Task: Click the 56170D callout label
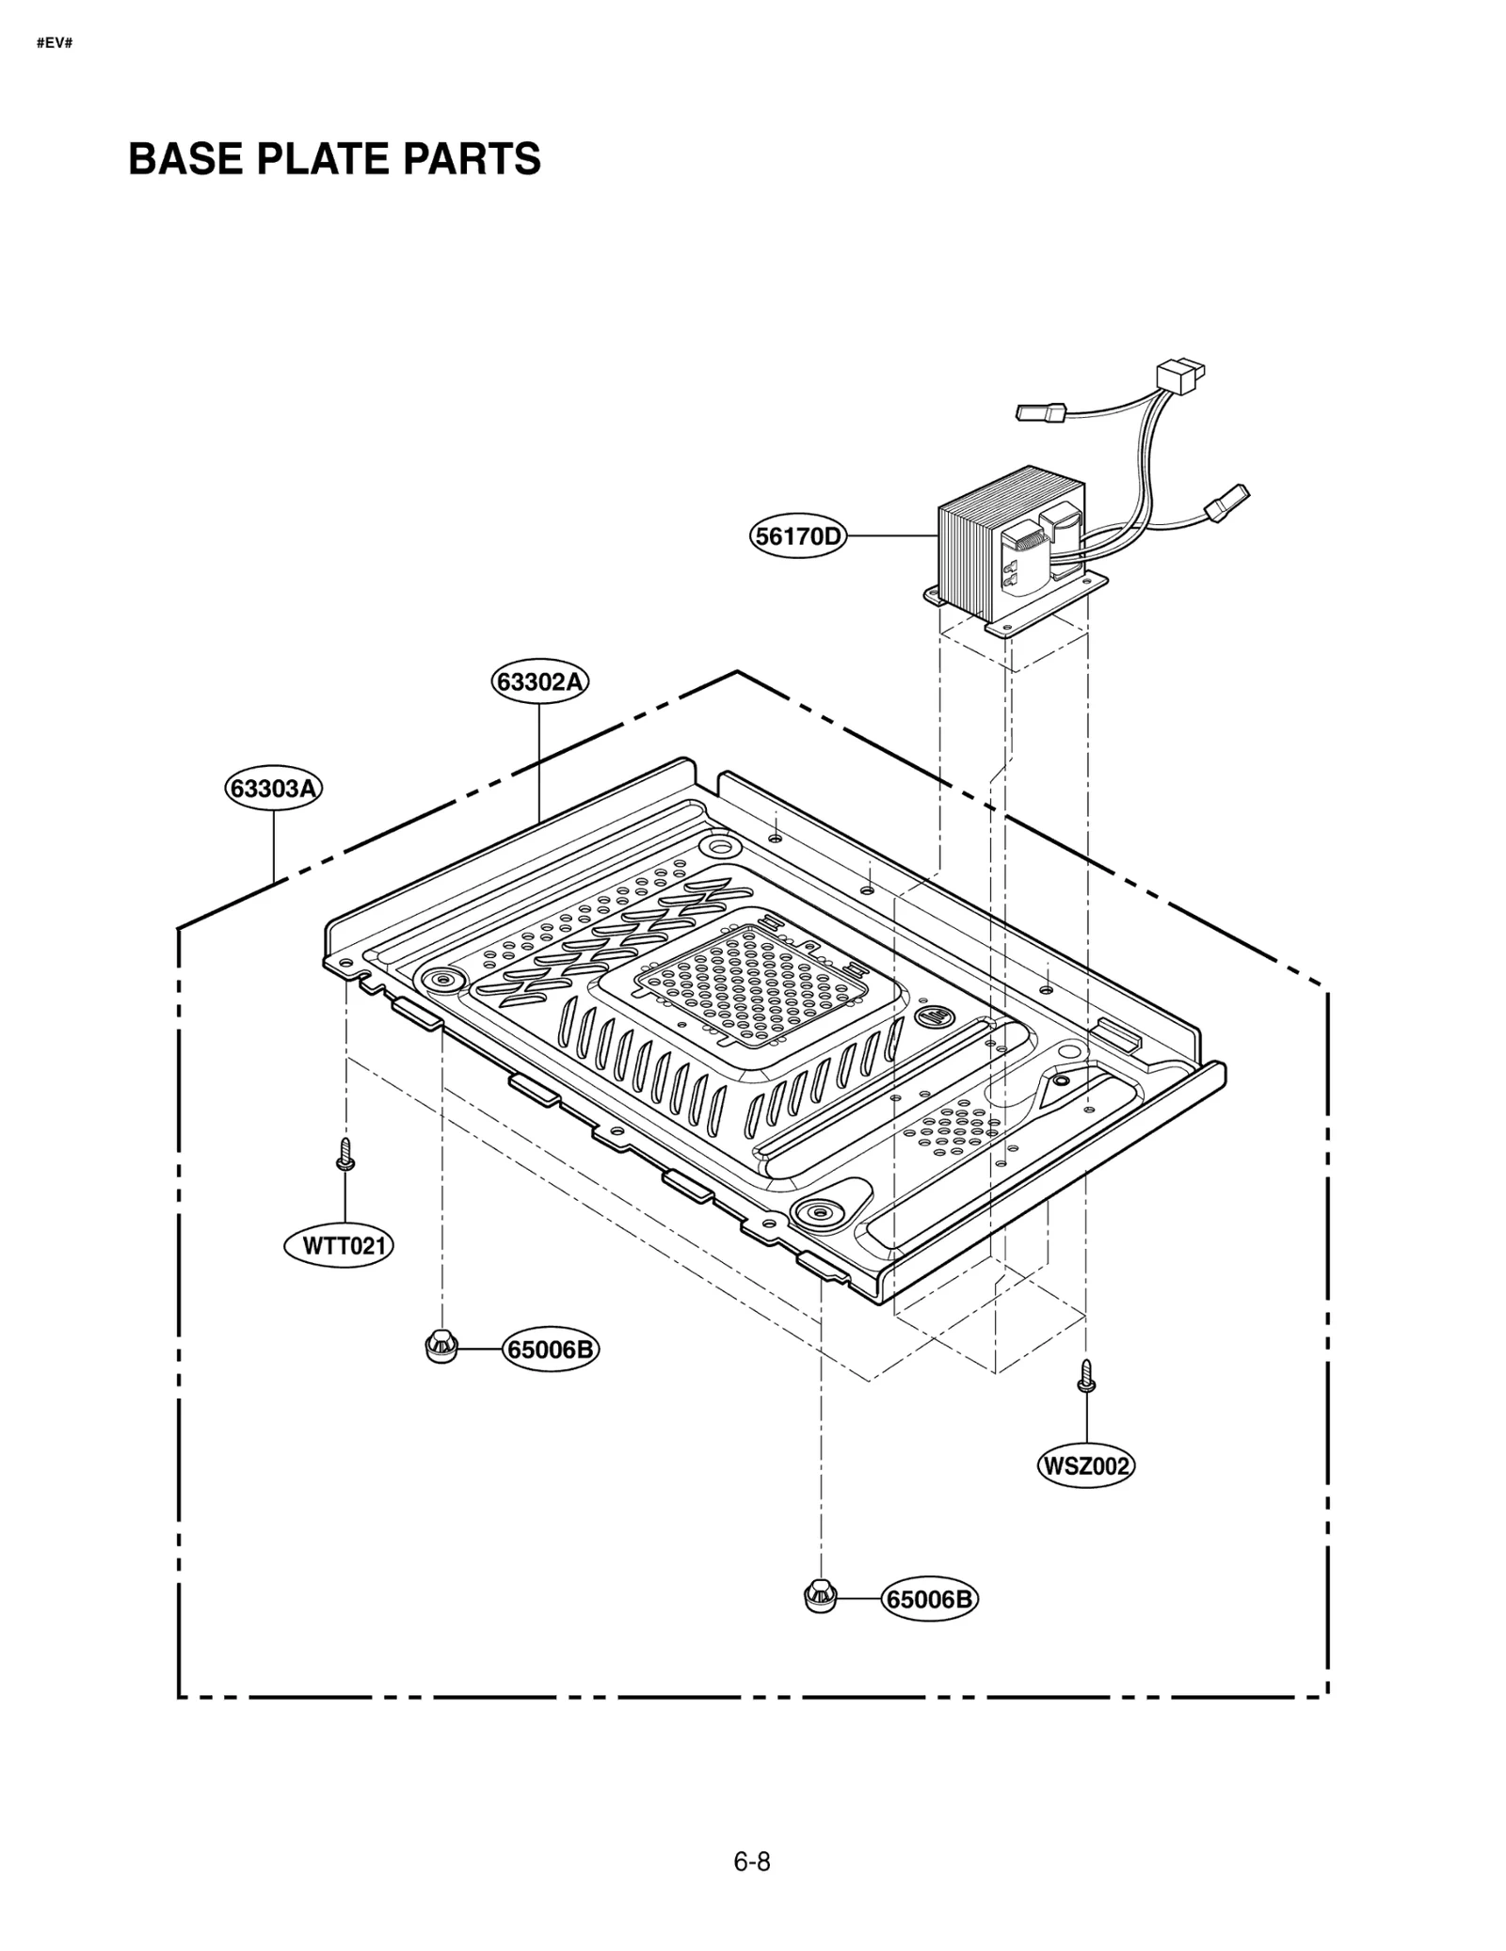tap(798, 536)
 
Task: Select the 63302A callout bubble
tap(539, 680)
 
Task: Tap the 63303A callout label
tap(273, 788)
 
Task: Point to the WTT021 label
tap(339, 1246)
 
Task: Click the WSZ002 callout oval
tap(1085, 1465)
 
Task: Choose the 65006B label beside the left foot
tap(551, 1350)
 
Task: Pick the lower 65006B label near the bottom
tap(929, 1599)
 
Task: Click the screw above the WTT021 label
tap(345, 1155)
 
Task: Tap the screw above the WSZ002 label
tap(1086, 1375)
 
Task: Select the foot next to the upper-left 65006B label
tap(441, 1346)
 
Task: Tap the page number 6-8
tap(751, 1862)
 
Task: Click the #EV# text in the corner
tap(54, 43)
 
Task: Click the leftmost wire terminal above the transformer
tap(1041, 411)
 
